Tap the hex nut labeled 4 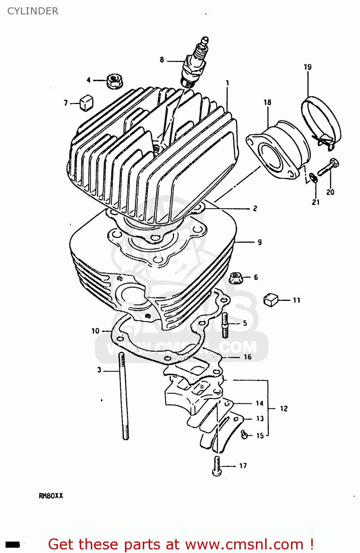(x=114, y=81)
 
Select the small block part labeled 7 (x=86, y=103)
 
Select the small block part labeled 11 (x=271, y=300)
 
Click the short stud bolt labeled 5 (x=225, y=325)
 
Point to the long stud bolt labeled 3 (x=123, y=396)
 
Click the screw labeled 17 (x=217, y=466)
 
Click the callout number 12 (x=284, y=408)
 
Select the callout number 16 (x=247, y=357)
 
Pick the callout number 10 (x=96, y=331)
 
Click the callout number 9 (x=260, y=242)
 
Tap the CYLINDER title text (x=33, y=11)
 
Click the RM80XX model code (x=51, y=496)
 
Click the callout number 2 (x=255, y=209)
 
